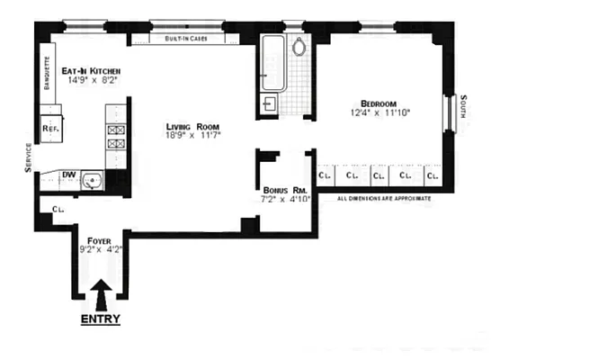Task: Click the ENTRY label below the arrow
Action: click(101, 319)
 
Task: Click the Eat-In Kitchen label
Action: click(91, 69)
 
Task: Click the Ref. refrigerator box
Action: click(50, 128)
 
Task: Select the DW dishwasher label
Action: click(69, 175)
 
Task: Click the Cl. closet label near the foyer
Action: click(58, 209)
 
